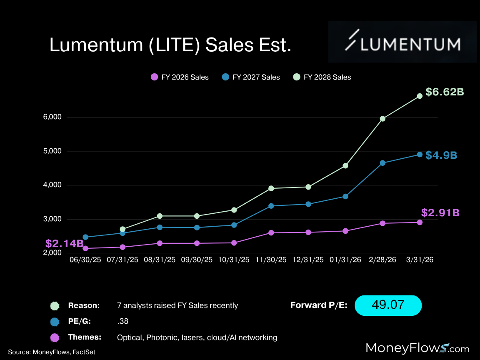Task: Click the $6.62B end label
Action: pyautogui.click(x=444, y=92)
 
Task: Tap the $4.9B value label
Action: pyautogui.click(x=441, y=155)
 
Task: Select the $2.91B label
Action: pyautogui.click(x=440, y=212)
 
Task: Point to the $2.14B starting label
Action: pyautogui.click(x=65, y=244)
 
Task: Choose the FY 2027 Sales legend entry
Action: pyautogui.click(x=251, y=77)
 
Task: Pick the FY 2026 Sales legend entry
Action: pyautogui.click(x=180, y=77)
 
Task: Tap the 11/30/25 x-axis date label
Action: pyautogui.click(x=271, y=260)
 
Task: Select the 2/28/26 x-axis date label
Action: pyautogui.click(x=382, y=260)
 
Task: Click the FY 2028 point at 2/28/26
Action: pyautogui.click(x=382, y=119)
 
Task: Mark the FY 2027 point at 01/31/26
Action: pyautogui.click(x=345, y=196)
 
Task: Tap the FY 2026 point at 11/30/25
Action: pyautogui.click(x=271, y=232)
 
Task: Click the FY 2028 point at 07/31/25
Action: pyautogui.click(x=122, y=229)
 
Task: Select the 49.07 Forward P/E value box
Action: pyautogui.click(x=388, y=305)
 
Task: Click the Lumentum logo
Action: pyautogui.click(x=402, y=42)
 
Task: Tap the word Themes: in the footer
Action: pyautogui.click(x=84, y=337)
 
